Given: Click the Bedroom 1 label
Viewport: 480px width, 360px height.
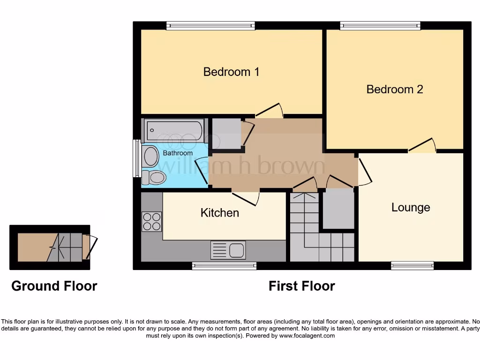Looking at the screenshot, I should (231, 72).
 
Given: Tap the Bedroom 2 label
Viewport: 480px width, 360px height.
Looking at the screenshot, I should (395, 89).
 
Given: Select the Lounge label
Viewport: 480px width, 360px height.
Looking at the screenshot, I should (411, 207).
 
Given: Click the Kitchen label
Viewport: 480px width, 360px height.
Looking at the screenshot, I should (220, 212).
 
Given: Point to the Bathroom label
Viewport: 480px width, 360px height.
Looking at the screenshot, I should (178, 153).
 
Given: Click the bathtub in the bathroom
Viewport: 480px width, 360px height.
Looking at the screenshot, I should (174, 130).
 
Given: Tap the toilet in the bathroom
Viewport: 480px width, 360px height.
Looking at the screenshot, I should (154, 178).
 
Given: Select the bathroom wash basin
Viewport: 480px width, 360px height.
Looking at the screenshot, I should (150, 156).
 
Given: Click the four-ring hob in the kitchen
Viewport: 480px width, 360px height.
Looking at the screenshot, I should (151, 222).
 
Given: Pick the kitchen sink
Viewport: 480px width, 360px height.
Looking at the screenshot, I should (228, 250).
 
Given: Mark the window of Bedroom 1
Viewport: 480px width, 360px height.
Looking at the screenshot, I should (210, 25).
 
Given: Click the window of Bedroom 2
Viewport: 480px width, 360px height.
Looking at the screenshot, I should (380, 25).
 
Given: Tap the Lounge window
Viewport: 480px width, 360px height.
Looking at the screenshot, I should (412, 266).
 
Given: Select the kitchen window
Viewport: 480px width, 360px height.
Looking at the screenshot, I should (224, 266).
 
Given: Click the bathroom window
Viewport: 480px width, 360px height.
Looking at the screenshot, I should (136, 158).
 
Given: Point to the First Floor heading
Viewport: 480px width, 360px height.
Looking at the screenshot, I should (301, 286).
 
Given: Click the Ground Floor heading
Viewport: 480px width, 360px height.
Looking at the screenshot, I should (54, 286).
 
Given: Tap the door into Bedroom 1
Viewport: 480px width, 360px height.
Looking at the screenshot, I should (270, 111).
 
